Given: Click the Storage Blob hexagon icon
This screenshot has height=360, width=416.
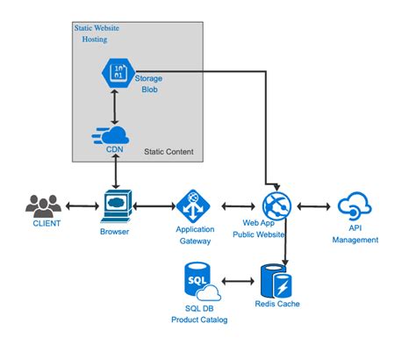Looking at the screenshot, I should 117,74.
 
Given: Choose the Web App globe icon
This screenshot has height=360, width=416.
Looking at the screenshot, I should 276,206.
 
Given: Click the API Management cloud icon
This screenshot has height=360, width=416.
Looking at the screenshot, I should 355,206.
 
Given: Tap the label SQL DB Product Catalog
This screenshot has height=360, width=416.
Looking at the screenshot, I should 198,313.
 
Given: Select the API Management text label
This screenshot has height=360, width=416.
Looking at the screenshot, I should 355,234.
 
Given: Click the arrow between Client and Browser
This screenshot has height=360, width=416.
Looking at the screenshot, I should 78,207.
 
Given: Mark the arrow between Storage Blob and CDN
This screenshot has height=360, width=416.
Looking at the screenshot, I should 116,106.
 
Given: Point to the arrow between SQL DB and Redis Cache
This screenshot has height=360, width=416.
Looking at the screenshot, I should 237,282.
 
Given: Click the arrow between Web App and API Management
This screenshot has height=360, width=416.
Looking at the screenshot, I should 314,207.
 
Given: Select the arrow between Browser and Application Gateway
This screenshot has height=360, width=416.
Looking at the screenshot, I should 154,207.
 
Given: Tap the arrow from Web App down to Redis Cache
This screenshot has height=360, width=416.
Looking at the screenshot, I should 283,241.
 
